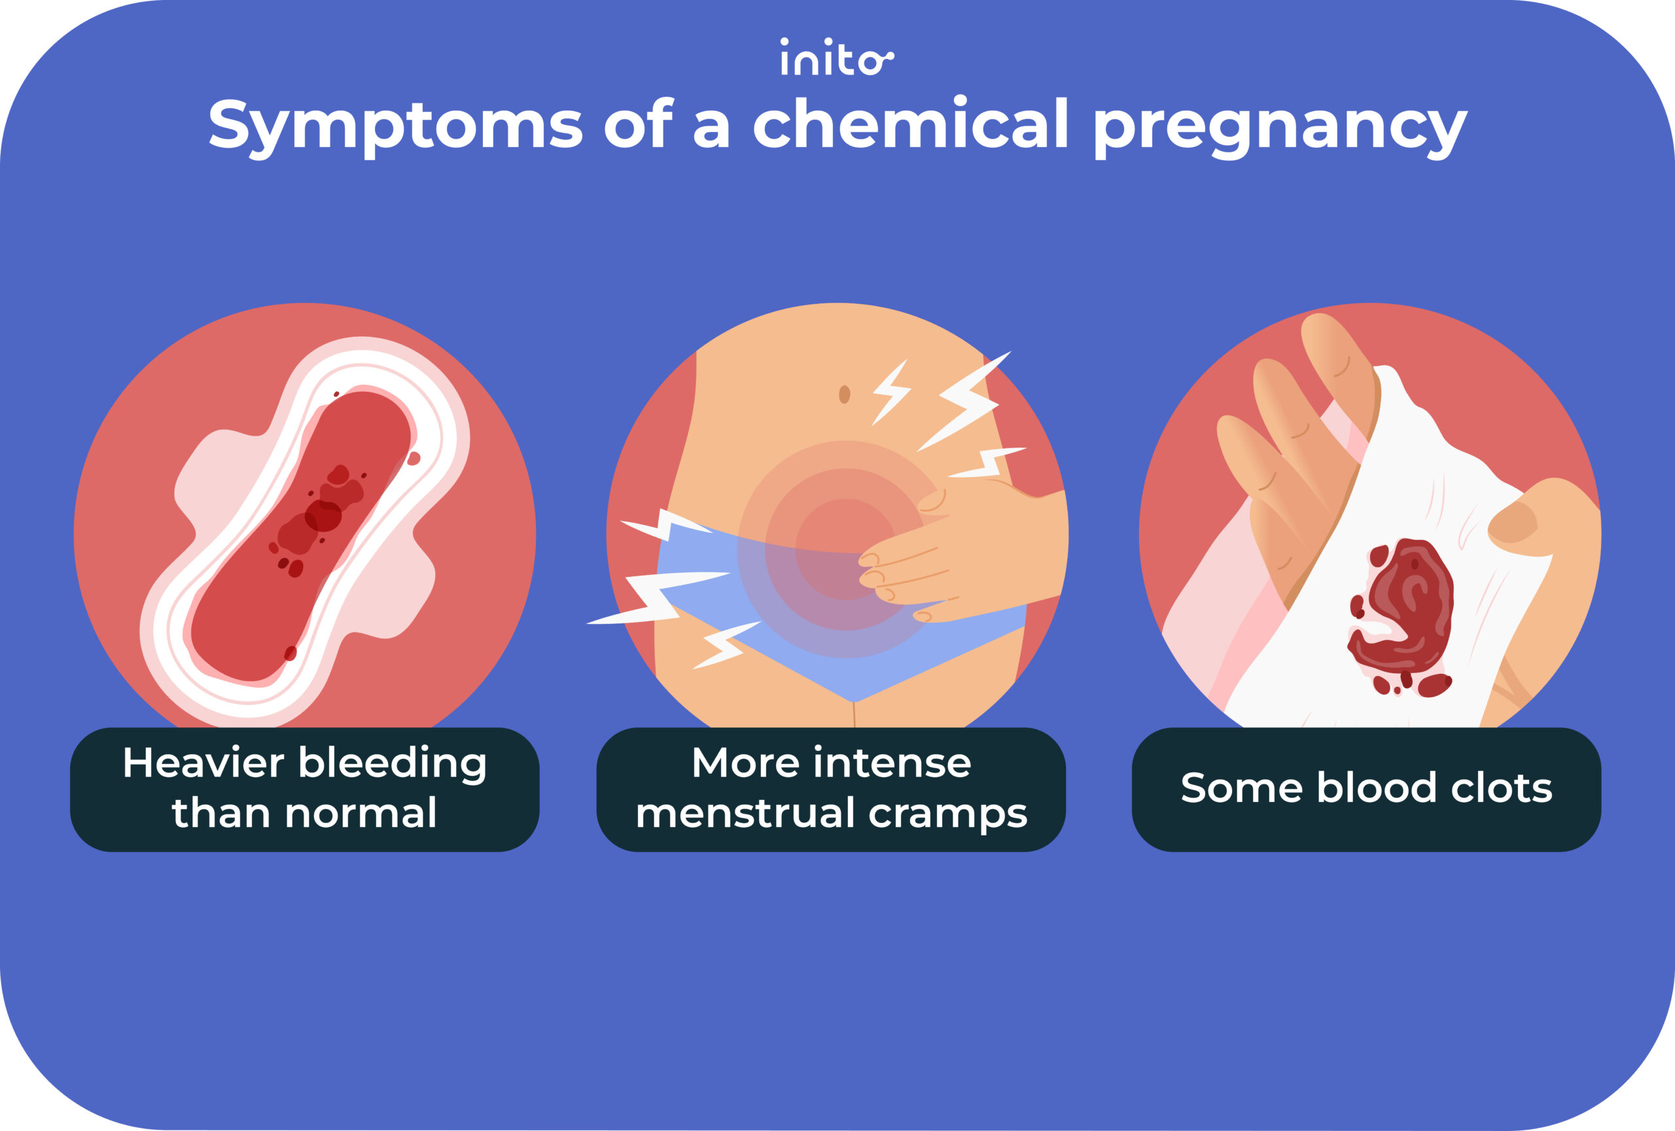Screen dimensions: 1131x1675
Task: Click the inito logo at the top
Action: pos(836,58)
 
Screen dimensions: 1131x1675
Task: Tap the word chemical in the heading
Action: pos(910,124)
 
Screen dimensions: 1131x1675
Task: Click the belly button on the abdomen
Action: pos(844,394)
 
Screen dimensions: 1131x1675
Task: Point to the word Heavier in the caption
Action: pos(203,763)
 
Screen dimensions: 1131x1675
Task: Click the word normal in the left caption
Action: pos(361,813)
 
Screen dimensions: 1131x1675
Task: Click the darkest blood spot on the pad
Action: pos(322,516)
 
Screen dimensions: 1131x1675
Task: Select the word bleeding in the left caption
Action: pos(392,764)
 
